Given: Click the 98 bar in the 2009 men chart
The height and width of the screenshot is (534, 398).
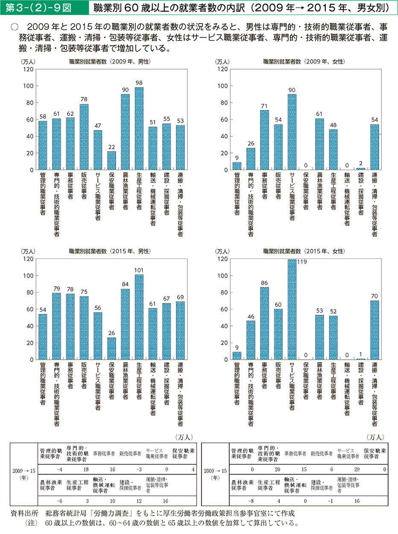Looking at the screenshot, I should (139, 129).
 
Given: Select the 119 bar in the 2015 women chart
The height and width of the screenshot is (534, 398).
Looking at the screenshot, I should (292, 309).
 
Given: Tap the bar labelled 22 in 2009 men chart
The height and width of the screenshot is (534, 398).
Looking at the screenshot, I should (111, 161).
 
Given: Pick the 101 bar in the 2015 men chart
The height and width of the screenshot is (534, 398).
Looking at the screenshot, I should (139, 317).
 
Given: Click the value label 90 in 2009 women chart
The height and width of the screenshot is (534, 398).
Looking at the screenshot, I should (292, 90).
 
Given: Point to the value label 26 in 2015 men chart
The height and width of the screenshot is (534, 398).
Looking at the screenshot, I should (111, 334).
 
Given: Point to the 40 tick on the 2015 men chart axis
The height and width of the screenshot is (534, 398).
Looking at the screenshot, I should (28, 326).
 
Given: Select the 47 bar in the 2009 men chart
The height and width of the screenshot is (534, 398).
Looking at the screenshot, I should (98, 150).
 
